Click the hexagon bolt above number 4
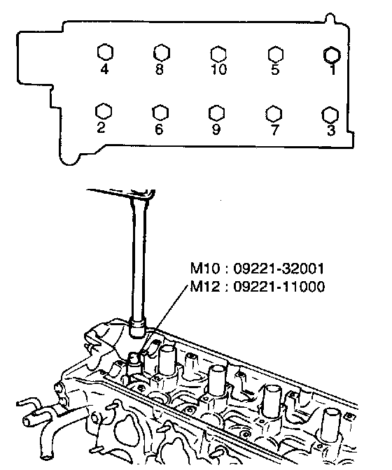click(105, 52)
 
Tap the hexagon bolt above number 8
click(162, 53)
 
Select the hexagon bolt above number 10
click(218, 55)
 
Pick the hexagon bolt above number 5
click(275, 55)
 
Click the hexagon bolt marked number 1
click(332, 55)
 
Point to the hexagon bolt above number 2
click(104, 112)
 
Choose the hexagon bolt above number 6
click(160, 113)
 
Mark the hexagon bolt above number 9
click(216, 113)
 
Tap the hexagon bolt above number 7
click(274, 114)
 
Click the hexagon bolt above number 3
click(330, 115)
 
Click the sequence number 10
click(219, 69)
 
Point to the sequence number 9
click(216, 129)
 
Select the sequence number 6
click(159, 129)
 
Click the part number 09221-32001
click(279, 269)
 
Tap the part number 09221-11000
click(279, 287)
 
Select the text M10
click(205, 269)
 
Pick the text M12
click(205, 287)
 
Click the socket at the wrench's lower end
click(137, 329)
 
